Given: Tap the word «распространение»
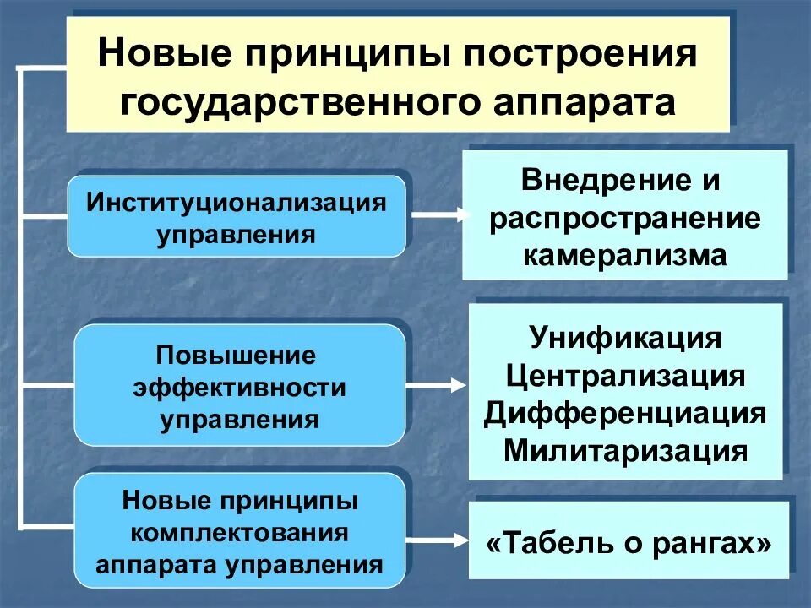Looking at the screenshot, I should coord(625,218).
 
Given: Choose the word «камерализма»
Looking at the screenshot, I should coord(625,254).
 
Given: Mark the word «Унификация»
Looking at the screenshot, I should coord(626,339).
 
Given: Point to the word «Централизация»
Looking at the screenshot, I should coord(626,376).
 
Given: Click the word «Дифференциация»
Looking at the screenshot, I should coord(626,413).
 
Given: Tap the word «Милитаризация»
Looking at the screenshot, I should coord(626,450).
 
